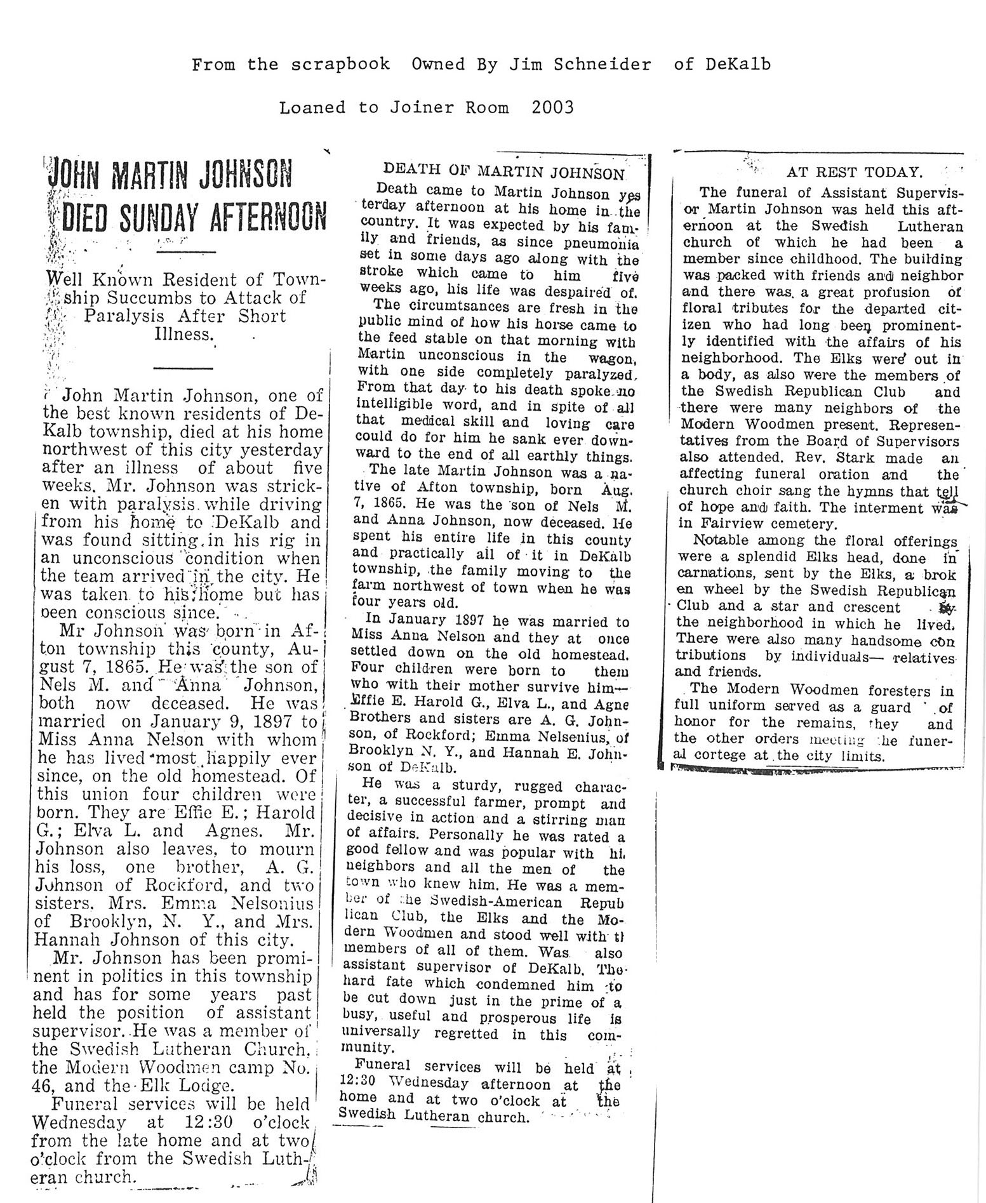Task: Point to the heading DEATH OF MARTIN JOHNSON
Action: (x=503, y=171)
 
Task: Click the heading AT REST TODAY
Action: (x=853, y=171)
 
